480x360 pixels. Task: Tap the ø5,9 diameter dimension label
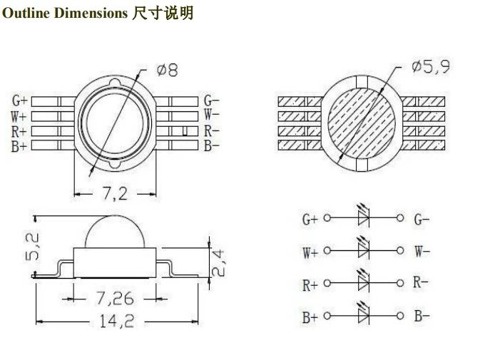pos(431,68)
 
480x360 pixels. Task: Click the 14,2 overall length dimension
pos(117,322)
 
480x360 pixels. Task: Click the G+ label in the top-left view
pos(19,101)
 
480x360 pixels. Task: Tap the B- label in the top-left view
pos(211,146)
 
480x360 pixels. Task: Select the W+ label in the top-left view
pos(19,116)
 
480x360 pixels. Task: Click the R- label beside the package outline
pos(211,131)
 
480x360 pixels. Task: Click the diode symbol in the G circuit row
pos(364,218)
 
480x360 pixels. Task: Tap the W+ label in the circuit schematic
pos(310,252)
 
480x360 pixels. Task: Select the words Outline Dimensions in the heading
pos(65,14)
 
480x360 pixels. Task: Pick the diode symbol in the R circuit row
pos(364,283)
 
